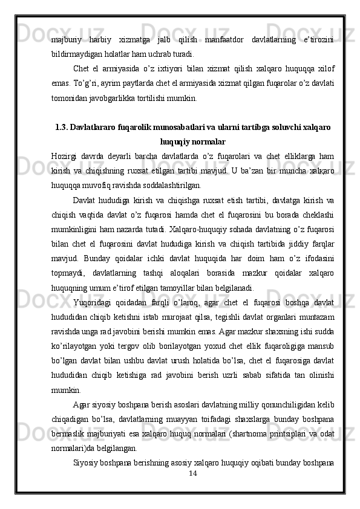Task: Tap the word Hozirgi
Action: pos(65,156)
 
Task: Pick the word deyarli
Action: pos(129,156)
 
